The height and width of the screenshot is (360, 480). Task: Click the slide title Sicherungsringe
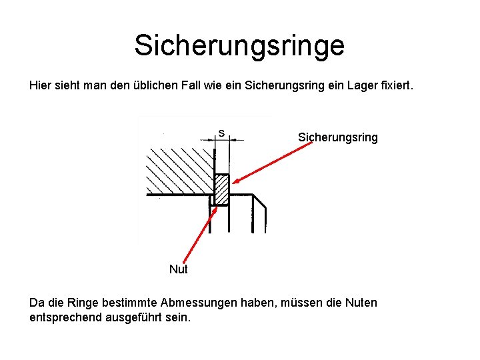pos(239,45)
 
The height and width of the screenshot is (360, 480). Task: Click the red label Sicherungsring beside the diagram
pos(337,137)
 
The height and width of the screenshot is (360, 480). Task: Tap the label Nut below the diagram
pos(178,269)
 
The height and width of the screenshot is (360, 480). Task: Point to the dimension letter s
pos(221,133)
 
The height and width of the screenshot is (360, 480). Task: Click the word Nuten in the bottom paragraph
pos(361,303)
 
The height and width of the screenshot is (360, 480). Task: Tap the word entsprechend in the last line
pos(65,317)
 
